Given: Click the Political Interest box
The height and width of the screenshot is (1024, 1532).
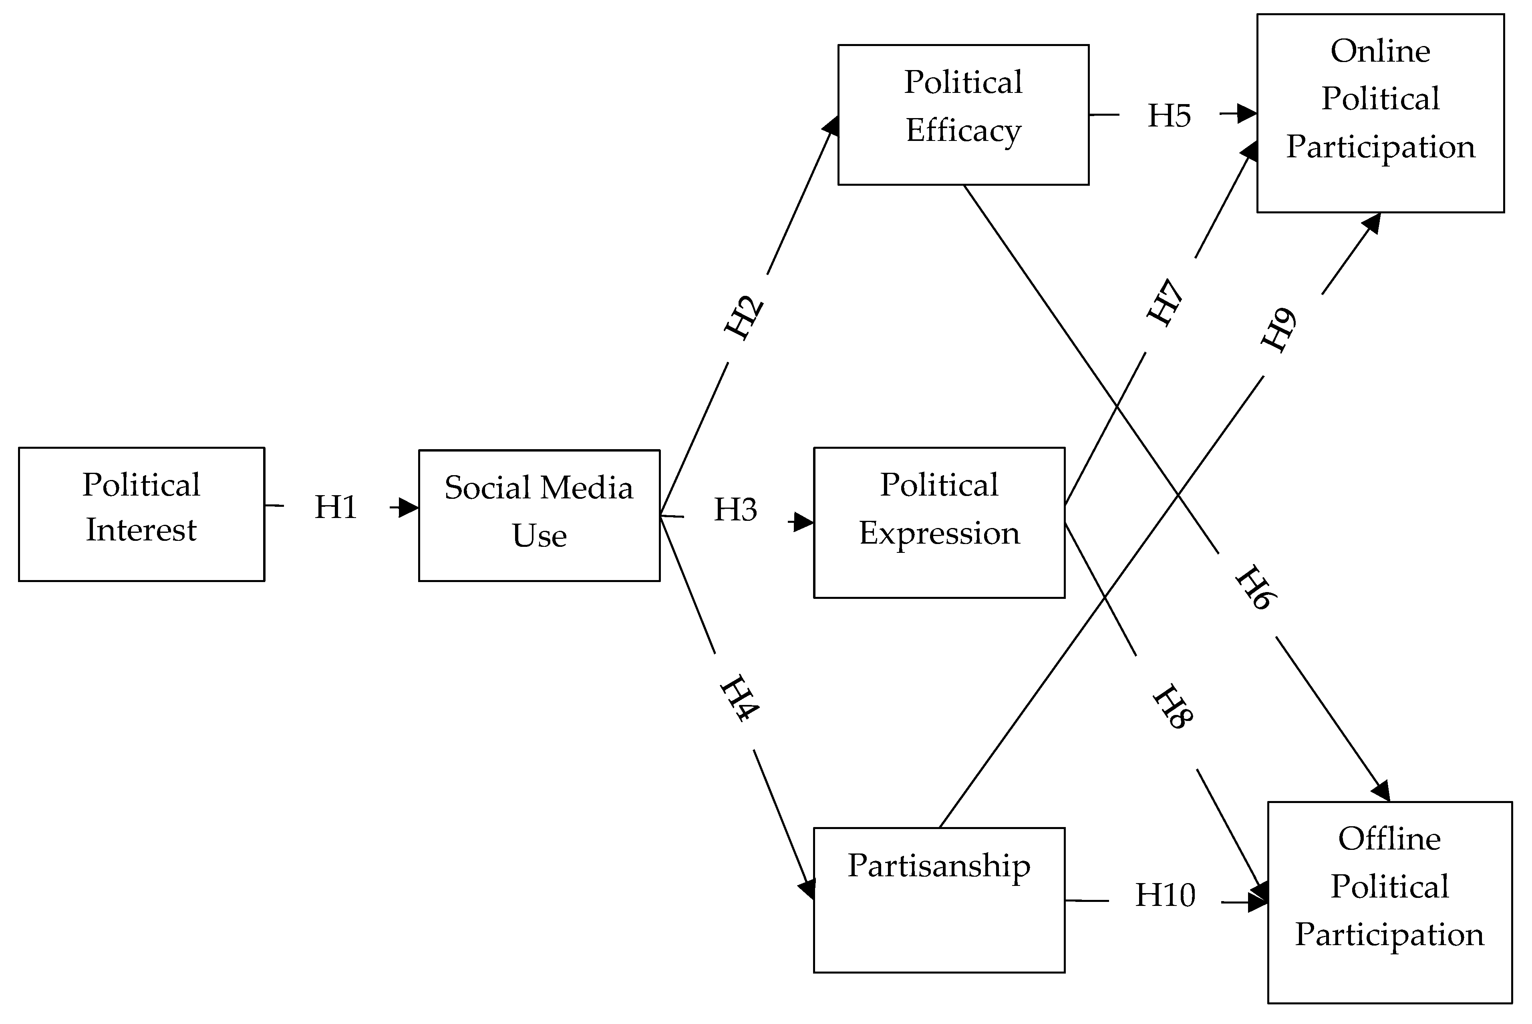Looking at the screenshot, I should [x=141, y=514].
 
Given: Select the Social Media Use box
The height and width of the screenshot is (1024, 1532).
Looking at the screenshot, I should [x=539, y=515].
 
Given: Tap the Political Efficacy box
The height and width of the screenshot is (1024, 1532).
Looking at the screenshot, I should [x=963, y=115].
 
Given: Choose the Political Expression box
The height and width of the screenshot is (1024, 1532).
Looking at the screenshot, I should [x=939, y=522].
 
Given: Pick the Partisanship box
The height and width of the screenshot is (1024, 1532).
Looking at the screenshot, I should [x=939, y=900].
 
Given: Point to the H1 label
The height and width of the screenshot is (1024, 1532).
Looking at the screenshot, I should [x=336, y=508].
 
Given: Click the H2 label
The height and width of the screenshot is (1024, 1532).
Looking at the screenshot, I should [x=744, y=318].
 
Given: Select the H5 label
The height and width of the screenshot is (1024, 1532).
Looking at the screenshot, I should [x=1170, y=116].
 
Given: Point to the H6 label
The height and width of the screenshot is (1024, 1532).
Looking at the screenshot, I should [x=1255, y=588].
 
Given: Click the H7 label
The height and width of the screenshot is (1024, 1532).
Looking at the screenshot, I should [x=1166, y=302].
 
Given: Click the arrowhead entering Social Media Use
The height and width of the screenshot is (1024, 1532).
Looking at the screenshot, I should [x=409, y=508].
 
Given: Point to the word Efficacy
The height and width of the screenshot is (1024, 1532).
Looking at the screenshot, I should [x=963, y=131].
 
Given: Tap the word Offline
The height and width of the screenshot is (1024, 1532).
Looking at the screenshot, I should [x=1389, y=839].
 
